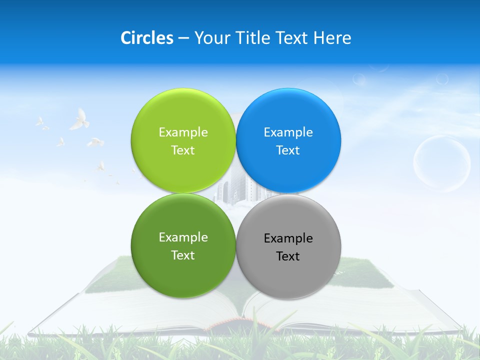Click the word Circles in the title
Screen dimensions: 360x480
[x=146, y=38]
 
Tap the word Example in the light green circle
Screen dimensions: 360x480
[x=183, y=132]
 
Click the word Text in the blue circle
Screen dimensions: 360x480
[x=288, y=150]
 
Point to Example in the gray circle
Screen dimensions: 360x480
[x=288, y=238]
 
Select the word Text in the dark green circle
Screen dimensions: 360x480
[x=183, y=255]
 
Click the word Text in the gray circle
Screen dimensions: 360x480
[x=288, y=256]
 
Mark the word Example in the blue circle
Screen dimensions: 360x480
[x=288, y=132]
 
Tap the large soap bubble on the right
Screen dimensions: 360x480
[x=441, y=163]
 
